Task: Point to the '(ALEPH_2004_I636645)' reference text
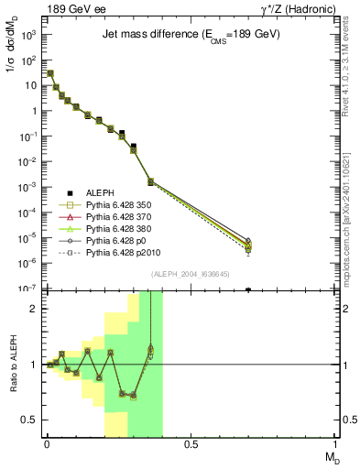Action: coord(191,274)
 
